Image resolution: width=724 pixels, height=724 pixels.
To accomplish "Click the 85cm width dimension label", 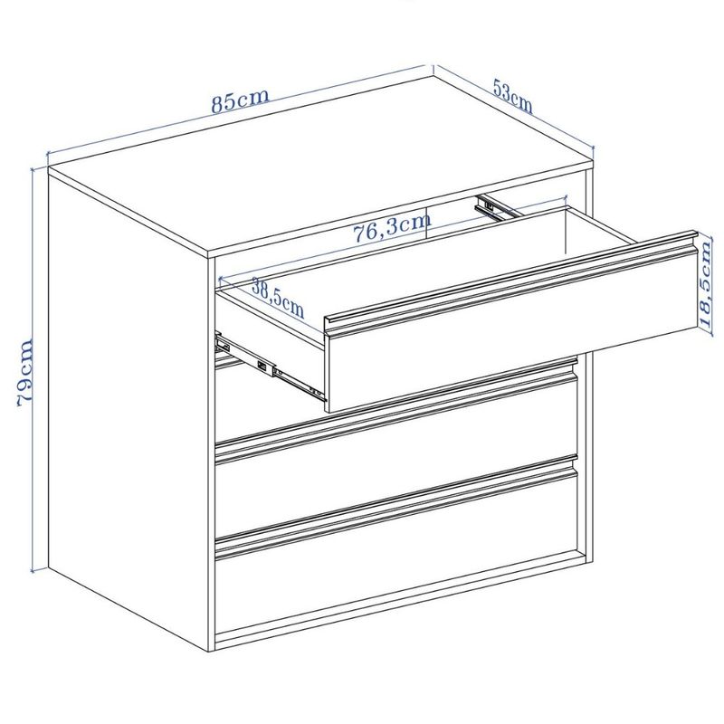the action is [240, 100].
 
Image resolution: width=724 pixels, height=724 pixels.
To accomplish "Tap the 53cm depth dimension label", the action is [512, 97].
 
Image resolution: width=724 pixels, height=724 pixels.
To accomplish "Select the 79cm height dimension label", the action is [25, 373].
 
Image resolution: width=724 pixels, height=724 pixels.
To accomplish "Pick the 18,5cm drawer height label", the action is [706, 284].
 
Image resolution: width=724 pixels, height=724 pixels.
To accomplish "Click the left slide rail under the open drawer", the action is [270, 365].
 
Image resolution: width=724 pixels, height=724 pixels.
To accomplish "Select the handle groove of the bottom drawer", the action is [397, 508].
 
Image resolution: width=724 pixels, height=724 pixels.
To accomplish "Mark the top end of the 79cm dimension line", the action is [33, 168].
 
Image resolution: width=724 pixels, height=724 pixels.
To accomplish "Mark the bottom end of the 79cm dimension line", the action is [33, 572].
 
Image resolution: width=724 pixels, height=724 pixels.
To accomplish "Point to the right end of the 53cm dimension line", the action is [594, 148].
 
